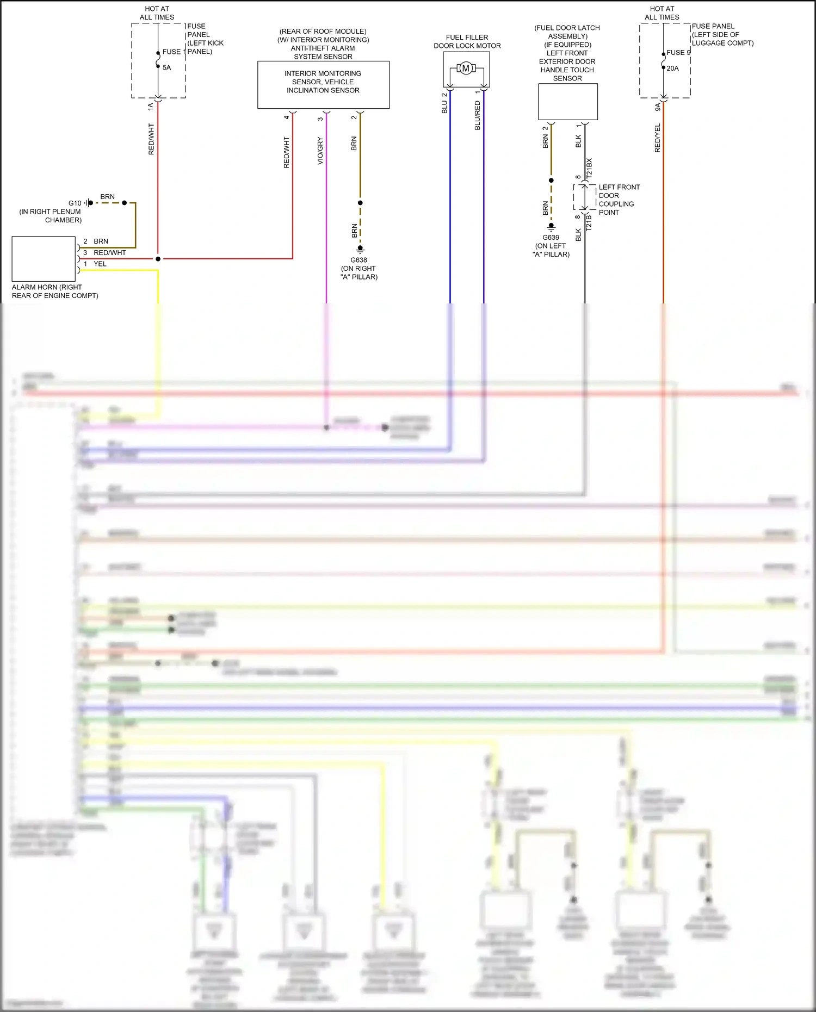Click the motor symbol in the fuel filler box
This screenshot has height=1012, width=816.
coord(466,68)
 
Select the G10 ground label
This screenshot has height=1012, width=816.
coord(75,203)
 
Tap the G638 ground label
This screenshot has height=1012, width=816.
coord(358,260)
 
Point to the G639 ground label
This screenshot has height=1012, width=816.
coord(551,238)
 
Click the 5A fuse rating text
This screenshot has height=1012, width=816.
coord(166,67)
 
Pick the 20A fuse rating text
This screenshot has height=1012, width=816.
coord(672,69)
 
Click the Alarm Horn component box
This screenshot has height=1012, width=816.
coord(44,259)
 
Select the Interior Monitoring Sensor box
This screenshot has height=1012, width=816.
coord(323,84)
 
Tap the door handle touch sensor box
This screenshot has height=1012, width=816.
coord(567,102)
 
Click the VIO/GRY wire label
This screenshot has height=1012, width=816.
coord(320,151)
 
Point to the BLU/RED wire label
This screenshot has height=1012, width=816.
coord(478,115)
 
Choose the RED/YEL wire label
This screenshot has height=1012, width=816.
coord(658,138)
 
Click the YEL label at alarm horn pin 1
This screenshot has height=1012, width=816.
coord(100,264)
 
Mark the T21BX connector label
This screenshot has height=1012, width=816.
coord(589,169)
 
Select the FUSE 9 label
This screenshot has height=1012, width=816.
coord(678,53)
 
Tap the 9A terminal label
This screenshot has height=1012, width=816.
coord(658,107)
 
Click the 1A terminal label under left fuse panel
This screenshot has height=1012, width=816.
coord(151,107)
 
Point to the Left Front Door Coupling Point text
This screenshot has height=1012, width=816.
coord(619,200)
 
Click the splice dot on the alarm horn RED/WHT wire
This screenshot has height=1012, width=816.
coord(158,259)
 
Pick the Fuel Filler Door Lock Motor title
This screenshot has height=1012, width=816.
coord(467,42)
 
